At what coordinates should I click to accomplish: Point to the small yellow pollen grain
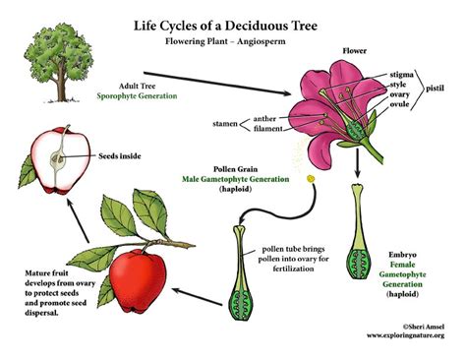coord(311,179)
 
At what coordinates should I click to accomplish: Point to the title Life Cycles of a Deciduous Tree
coord(233,17)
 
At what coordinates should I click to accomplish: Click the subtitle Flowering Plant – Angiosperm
coord(233,32)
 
